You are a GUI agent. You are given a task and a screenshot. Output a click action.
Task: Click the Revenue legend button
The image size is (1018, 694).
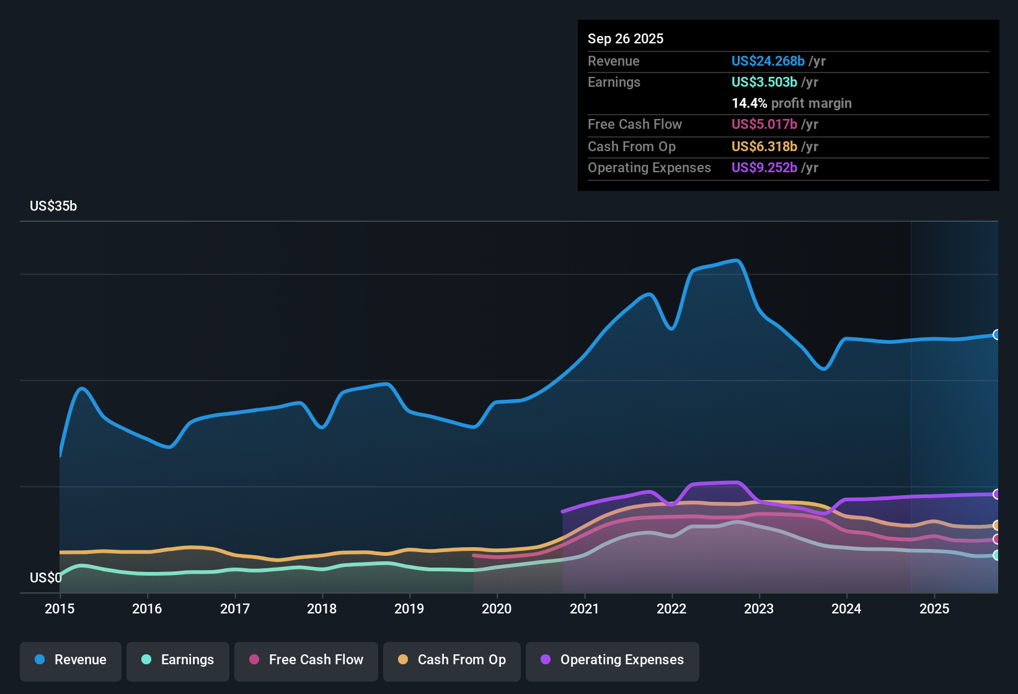pos(71,660)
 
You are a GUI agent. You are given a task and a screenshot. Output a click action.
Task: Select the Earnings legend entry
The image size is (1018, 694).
pos(178,660)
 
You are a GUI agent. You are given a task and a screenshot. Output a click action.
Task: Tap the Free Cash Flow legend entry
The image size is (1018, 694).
pos(306,660)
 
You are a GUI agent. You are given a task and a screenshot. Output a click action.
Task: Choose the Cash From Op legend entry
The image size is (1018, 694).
pos(452,660)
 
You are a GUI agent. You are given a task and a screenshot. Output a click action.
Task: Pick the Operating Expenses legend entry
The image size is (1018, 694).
pos(613,660)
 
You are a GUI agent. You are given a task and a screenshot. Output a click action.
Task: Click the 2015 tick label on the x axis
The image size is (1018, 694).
pos(60,608)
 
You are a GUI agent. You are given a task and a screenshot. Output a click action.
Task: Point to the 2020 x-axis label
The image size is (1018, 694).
pos(497,608)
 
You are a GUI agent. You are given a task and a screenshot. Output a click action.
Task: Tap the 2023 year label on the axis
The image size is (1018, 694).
pos(759,608)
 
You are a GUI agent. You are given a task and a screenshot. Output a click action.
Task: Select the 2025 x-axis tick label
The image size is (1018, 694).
pos(934,608)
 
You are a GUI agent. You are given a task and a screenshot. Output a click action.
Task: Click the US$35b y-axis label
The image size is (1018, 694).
pos(53,206)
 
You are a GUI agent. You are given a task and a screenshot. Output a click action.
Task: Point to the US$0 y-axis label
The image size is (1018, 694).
pos(45,578)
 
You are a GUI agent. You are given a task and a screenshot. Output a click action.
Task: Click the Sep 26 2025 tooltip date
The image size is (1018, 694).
pos(626,39)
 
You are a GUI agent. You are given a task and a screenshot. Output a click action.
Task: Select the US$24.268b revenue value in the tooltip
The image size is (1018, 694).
pos(768,61)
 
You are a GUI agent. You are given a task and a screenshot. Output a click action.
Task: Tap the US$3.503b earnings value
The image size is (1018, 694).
pos(764,82)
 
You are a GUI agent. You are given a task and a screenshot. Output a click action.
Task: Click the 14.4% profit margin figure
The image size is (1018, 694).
pos(750,103)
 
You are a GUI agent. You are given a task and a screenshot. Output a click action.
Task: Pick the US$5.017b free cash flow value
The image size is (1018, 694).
pos(764,125)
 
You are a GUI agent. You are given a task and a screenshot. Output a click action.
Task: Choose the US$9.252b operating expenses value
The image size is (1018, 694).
pos(764,168)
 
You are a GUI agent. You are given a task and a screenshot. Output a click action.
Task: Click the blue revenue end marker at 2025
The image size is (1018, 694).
pos(997,335)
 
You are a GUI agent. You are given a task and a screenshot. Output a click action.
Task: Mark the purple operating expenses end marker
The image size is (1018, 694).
pos(997,494)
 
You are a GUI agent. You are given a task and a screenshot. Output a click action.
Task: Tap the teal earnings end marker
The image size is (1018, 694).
pos(997,555)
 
